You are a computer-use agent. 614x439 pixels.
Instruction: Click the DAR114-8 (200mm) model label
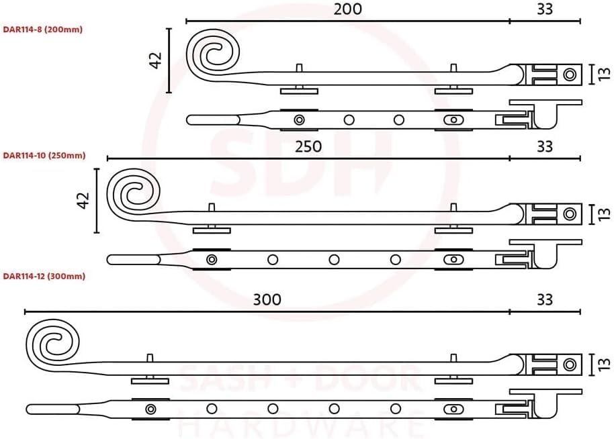[43, 30]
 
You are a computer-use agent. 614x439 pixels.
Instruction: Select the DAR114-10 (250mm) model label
[44, 155]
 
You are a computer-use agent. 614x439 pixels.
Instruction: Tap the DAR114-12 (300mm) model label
[44, 277]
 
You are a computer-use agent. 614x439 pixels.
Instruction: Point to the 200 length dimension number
[348, 9]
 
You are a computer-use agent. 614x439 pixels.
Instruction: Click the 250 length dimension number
[308, 147]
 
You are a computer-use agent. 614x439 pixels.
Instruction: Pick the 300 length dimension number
[267, 299]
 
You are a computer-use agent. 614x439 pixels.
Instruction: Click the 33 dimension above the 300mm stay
[545, 299]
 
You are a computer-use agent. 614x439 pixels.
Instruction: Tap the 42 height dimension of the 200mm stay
[156, 60]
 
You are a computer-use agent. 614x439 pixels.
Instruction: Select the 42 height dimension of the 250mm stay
[84, 200]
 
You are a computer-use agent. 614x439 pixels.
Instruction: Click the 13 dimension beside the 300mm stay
[604, 364]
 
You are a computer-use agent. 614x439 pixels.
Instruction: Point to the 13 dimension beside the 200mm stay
[604, 74]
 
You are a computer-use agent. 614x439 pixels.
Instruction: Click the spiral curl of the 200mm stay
[213, 54]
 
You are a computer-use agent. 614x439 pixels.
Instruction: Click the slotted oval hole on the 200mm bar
[453, 119]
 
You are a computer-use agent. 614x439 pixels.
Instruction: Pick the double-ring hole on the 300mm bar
[150, 409]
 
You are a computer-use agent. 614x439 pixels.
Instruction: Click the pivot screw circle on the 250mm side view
[570, 214]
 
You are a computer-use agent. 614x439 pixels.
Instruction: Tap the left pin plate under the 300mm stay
[150, 381]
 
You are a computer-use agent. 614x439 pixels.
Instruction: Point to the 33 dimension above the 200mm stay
[545, 9]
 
